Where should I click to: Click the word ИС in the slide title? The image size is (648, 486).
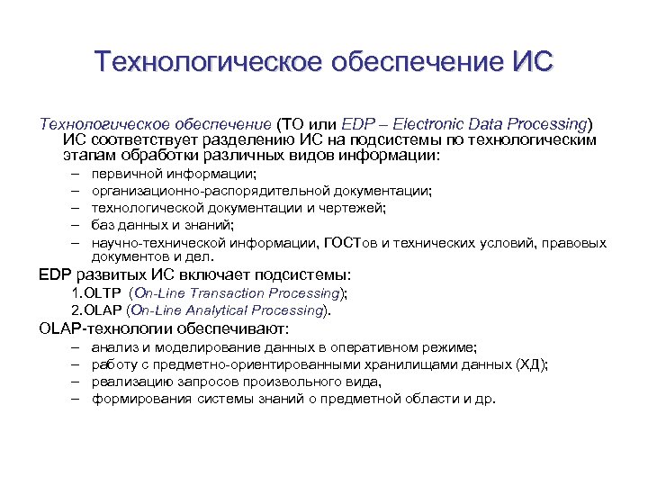point(531,63)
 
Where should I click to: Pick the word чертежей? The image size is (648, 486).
point(354,208)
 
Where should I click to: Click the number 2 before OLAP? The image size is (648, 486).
point(76,310)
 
